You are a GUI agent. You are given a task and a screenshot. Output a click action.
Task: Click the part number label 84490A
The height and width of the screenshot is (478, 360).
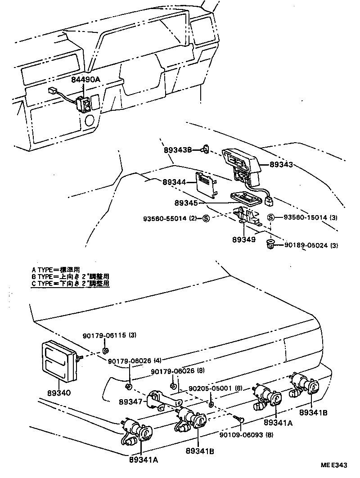tap(85, 80)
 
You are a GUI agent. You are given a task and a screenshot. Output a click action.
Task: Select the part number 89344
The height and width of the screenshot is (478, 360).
tap(174, 182)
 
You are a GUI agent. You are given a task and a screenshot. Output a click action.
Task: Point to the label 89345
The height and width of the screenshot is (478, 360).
tap(174, 203)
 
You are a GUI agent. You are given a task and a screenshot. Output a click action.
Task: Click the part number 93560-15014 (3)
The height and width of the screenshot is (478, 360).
tap(310, 217)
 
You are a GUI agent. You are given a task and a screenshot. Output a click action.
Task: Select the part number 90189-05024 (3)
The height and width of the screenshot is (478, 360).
tap(310, 245)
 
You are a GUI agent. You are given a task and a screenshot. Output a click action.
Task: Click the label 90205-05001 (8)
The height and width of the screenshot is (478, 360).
tap(216, 388)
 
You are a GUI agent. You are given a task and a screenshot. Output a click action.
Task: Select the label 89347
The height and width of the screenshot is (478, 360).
tap(131, 401)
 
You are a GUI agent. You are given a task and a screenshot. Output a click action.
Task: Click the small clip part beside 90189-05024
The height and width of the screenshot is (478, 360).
tap(271, 244)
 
